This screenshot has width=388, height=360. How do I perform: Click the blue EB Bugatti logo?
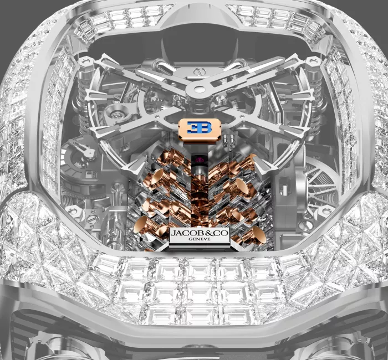tap(199, 127)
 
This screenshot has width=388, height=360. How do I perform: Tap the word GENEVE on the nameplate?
tap(200, 239)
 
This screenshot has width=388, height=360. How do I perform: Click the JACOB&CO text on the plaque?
tap(200, 233)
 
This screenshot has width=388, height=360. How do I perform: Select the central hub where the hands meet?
tap(200, 89)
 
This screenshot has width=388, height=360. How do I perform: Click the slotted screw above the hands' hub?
tap(200, 71)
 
